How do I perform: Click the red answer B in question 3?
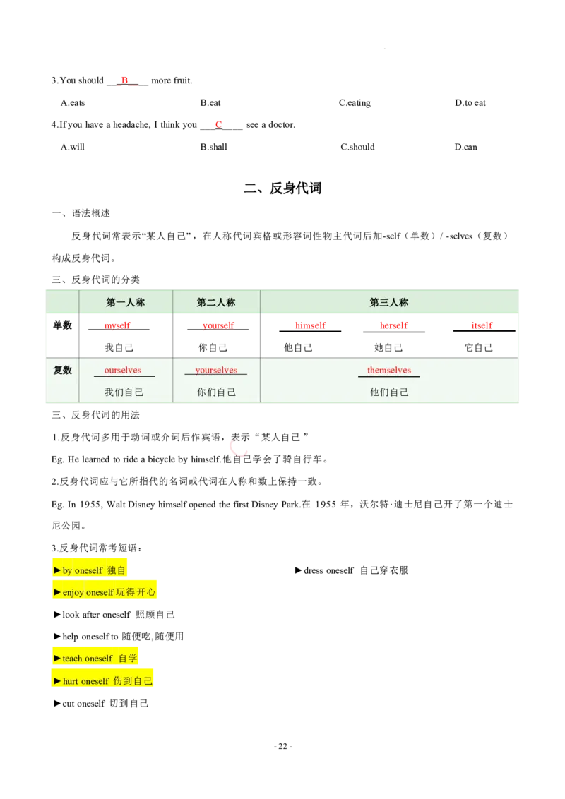pos(124,80)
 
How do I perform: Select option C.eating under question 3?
pos(355,102)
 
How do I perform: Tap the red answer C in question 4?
pos(219,124)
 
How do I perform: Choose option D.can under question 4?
pos(466,147)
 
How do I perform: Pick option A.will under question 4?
pos(73,147)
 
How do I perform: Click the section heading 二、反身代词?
pos(282,188)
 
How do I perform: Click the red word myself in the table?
pos(117,325)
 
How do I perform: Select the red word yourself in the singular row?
pos(218,325)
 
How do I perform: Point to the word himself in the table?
pos(311,325)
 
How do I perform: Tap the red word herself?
pos(393,325)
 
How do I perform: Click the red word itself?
pos(482,325)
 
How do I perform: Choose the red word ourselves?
pos(123,370)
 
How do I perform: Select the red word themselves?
pos(389,370)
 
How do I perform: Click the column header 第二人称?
pos(216,302)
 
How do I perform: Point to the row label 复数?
pos(63,370)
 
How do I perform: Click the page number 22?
pos(283,746)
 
